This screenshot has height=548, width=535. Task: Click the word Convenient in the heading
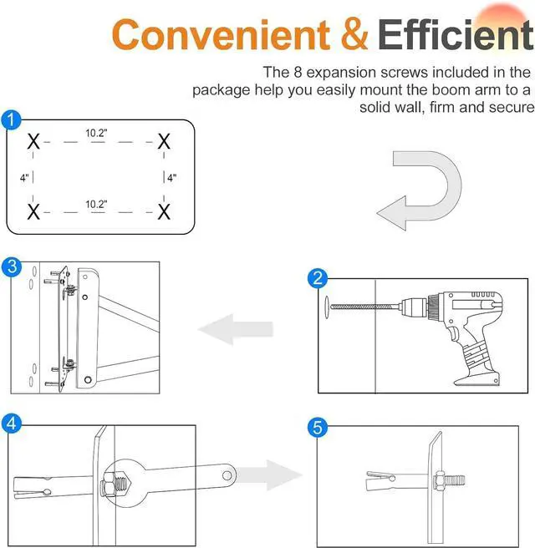(221, 35)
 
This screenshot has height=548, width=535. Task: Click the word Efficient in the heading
(455, 35)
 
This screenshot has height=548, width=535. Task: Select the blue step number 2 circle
(317, 278)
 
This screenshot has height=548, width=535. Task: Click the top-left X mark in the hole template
(33, 142)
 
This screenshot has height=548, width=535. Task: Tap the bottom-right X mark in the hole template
(164, 210)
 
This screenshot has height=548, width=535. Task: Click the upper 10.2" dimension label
(96, 132)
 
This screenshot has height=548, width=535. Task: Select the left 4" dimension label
(25, 177)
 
